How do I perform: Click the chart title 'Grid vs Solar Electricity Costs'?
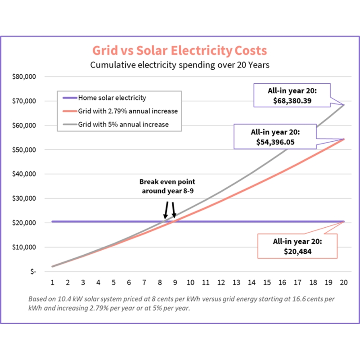coord(180,49)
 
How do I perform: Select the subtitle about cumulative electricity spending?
coord(180,65)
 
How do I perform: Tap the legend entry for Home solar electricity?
coord(112,98)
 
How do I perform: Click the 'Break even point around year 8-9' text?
coord(167,186)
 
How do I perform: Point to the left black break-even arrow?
coord(166,210)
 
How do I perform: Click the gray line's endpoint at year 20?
coord(344,105)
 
